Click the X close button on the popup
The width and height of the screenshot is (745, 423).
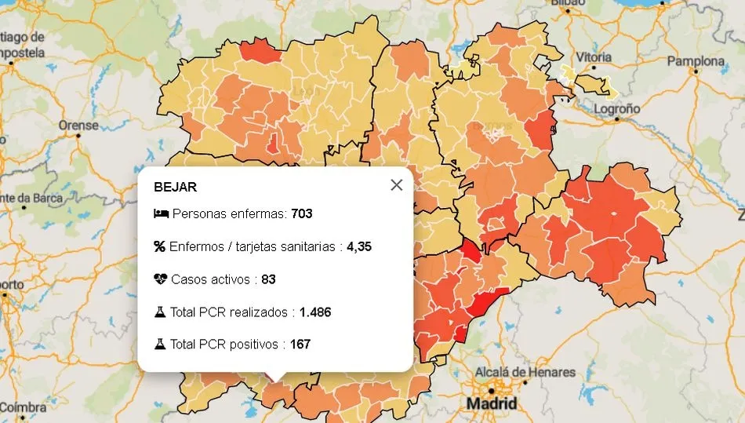396,185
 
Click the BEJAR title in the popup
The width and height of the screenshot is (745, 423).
176,188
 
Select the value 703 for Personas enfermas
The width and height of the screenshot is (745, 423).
301,213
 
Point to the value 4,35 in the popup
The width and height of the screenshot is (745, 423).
359,246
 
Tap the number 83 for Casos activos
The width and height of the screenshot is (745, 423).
268,279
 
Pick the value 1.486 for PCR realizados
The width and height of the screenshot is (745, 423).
315,312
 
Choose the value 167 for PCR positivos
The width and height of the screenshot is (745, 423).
301,345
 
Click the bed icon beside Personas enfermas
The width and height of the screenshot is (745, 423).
161,213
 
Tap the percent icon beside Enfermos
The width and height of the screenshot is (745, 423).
160,246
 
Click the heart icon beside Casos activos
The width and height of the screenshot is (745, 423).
161,279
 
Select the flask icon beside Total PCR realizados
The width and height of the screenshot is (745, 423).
160,312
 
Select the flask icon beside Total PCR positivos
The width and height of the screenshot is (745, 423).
160,345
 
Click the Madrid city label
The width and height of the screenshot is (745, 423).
492,403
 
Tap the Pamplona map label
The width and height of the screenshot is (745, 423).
696,61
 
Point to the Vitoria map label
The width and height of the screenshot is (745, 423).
594,57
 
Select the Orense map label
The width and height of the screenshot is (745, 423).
78,125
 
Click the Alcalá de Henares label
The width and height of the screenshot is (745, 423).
525,372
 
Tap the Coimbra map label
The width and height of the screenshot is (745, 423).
22,407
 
